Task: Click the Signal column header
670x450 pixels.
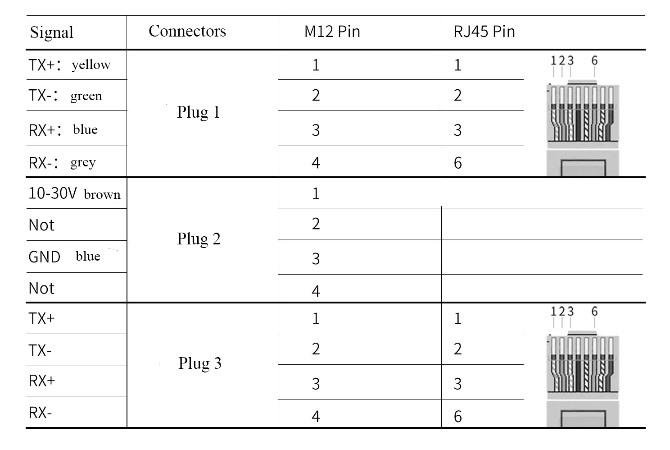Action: tap(51, 32)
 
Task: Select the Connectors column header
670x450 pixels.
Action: tap(187, 31)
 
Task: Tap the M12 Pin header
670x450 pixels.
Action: tap(332, 31)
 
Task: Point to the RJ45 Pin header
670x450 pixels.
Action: tap(484, 31)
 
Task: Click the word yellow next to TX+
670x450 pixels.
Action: tap(91, 65)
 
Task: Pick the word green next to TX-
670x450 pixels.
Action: tap(86, 96)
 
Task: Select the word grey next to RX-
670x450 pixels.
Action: tap(83, 163)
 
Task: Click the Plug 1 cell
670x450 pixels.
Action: tap(198, 112)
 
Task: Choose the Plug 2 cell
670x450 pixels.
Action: tap(199, 239)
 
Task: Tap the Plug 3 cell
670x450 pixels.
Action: tap(200, 363)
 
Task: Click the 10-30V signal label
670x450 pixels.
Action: tap(53, 193)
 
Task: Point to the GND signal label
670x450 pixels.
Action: tap(44, 257)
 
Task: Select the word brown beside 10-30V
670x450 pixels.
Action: tap(102, 195)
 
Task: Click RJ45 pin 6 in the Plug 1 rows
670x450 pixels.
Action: tap(457, 163)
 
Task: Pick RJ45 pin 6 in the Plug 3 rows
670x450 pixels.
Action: tap(457, 417)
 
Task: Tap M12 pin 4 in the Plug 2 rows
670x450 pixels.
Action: tap(316, 291)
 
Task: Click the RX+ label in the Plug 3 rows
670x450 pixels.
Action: tap(41, 381)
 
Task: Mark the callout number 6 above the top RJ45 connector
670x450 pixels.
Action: tap(594, 60)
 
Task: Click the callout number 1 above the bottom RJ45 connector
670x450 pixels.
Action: tap(553, 311)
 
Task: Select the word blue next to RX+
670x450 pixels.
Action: tap(85, 129)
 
